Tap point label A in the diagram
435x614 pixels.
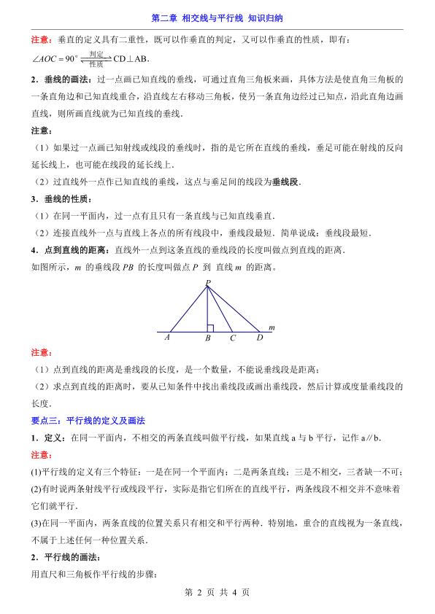click(167, 338)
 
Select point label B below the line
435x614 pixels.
click(208, 338)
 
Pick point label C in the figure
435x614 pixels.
click(232, 338)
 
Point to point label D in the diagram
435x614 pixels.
click(259, 338)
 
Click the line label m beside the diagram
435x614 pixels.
click(271, 328)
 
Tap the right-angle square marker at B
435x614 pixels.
click(209, 328)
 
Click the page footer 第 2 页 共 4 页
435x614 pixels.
click(217, 592)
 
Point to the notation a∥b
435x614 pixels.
click(371, 438)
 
